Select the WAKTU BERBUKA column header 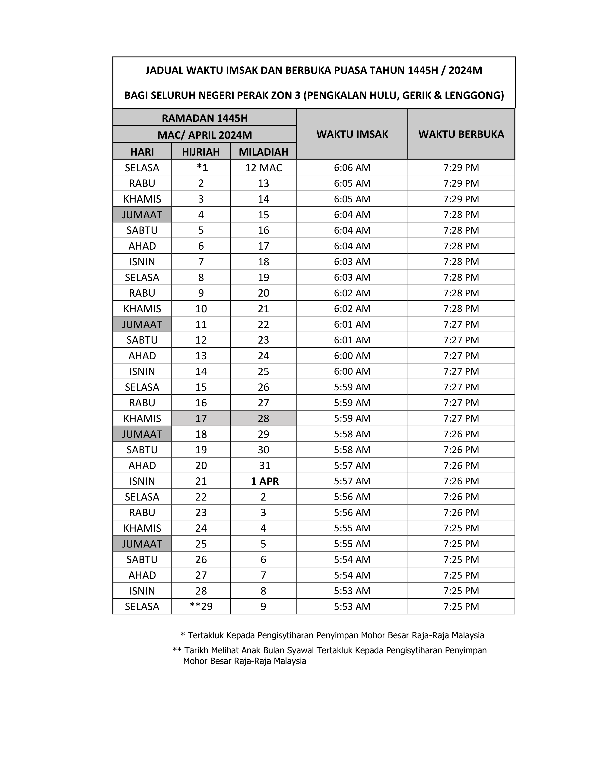tap(461, 134)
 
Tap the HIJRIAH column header tap(201, 152)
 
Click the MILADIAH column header tap(263, 152)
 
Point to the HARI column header tap(142, 152)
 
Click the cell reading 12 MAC tap(263, 168)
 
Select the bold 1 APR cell tap(265, 481)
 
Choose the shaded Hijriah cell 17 tap(201, 418)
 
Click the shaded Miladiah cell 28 tap(263, 418)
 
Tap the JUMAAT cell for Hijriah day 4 tap(142, 214)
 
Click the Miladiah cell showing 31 tap(265, 465)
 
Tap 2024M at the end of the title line tap(465, 71)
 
